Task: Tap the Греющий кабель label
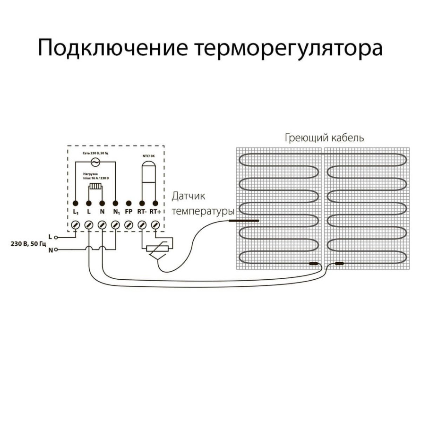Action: (324, 138)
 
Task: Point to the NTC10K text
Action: (149, 155)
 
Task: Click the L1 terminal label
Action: (76, 213)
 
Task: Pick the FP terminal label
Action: (129, 213)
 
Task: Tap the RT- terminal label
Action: (142, 213)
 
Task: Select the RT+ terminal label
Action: (155, 213)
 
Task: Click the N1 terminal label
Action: (116, 213)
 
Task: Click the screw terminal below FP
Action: (128, 226)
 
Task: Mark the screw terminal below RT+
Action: (155, 226)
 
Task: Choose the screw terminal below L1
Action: (76, 226)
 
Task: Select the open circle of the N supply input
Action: (56, 249)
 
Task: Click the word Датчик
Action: (189, 196)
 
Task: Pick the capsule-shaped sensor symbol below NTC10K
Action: (149, 172)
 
